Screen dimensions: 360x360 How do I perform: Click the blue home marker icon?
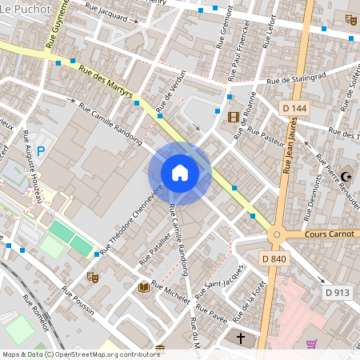(x=179, y=173)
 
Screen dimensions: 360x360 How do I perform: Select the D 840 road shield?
(x=274, y=258)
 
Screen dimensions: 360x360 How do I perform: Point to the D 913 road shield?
(x=338, y=293)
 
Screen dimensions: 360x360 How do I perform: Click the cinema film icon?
(x=233, y=118)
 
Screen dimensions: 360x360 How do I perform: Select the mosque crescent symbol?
(x=346, y=176)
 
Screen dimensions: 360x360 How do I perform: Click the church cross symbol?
(x=240, y=338)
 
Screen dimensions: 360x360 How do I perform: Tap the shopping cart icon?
(x=311, y=343)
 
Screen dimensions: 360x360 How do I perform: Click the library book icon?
(x=144, y=286)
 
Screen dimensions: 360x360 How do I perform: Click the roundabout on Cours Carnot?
(x=278, y=235)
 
